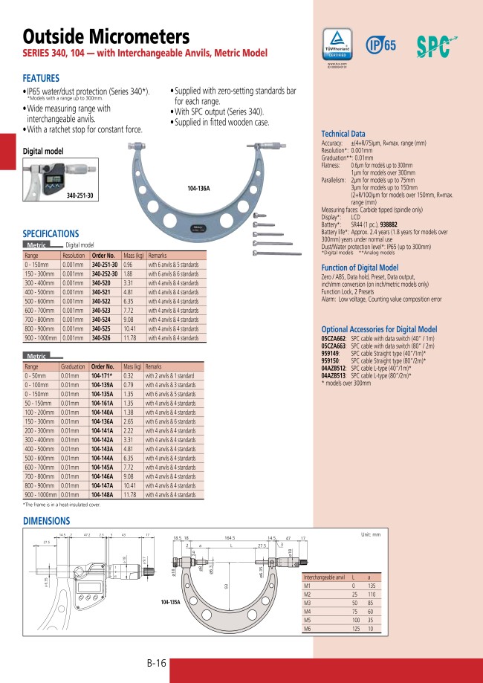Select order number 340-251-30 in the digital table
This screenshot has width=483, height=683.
pyautogui.click(x=104, y=265)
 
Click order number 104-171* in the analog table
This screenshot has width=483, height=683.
pyautogui.click(x=102, y=377)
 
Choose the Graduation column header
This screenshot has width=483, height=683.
pyautogui.click(x=73, y=366)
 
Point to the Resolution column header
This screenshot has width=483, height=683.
pyautogui.click(x=73, y=255)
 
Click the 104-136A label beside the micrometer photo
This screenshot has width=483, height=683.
pyautogui.click(x=199, y=189)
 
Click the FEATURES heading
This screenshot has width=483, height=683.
pyautogui.click(x=42, y=77)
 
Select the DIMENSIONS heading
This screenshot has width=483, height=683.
pyautogui.click(x=46, y=521)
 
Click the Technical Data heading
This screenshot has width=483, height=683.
pyautogui.click(x=343, y=133)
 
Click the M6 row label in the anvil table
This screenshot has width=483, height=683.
pyautogui.click(x=308, y=629)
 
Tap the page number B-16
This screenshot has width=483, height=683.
pyautogui.click(x=155, y=664)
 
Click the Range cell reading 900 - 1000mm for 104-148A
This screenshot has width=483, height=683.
pyautogui.click(x=41, y=494)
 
